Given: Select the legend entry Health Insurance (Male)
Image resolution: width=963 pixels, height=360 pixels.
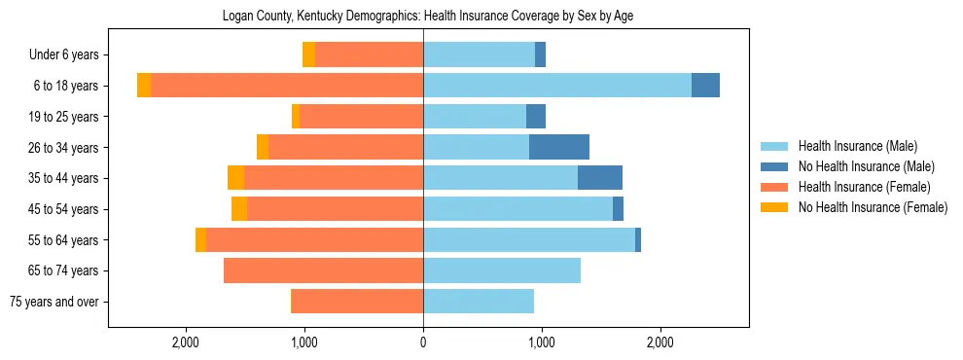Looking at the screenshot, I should pos(857,146).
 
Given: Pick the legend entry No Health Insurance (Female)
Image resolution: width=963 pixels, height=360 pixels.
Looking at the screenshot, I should pos(873,207).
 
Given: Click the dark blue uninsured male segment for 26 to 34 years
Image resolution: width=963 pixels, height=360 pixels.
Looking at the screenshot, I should pos(559,147).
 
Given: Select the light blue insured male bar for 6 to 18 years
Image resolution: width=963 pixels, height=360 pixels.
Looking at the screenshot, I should pos(557,86).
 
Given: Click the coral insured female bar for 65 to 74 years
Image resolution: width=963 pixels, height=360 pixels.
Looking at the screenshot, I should pos(323,270).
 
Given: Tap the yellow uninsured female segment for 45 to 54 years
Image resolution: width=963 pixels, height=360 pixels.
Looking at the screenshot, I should pos(239,209).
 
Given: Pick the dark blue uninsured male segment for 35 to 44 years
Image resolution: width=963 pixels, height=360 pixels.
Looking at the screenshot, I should pos(600,178).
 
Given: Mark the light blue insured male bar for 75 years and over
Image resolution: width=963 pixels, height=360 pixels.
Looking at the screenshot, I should pos(479,302).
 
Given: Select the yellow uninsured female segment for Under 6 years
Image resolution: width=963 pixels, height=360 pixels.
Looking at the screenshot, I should pos(308,55).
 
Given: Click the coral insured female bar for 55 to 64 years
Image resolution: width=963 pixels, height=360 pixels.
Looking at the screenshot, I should pos(314,240).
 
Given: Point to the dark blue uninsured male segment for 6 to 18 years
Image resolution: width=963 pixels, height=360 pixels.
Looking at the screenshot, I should pos(705,86).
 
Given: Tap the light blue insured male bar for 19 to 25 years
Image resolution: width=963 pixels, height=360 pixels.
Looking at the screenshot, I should pos(475,117).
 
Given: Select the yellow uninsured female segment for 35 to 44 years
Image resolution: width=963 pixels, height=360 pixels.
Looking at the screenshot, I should pos(235,178).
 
